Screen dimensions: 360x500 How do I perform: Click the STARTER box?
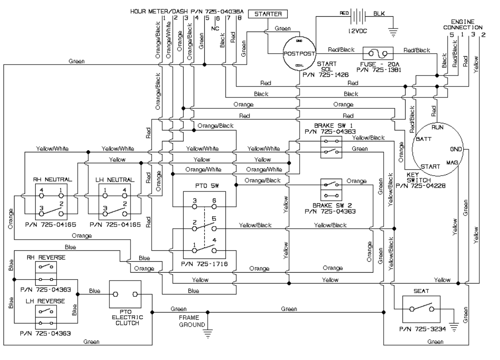pos(268,14)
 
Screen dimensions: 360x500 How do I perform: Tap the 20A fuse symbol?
pos(377,54)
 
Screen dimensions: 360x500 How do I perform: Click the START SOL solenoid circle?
pos(297,54)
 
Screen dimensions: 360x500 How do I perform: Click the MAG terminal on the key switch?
pos(452,162)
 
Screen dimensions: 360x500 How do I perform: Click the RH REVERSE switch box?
pos(46,273)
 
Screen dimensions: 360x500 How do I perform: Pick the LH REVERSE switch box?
pos(46,316)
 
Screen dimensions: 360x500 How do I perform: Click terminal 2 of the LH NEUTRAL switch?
pos(125,204)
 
